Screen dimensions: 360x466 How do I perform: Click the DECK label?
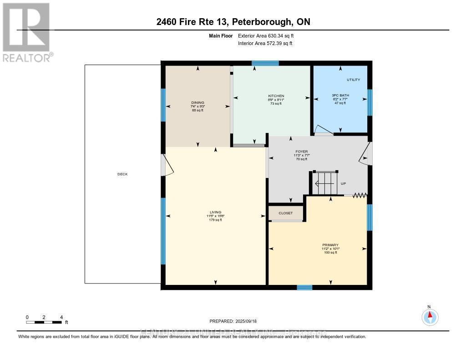click(x=122, y=174)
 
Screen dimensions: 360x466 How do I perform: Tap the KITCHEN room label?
click(x=276, y=96)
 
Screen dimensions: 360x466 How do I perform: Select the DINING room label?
click(x=198, y=103)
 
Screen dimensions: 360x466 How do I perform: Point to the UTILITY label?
click(x=353, y=80)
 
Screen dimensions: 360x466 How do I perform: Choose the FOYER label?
click(x=301, y=152)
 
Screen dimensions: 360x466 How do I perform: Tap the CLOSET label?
click(x=286, y=213)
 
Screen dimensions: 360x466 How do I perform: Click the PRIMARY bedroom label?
click(x=331, y=245)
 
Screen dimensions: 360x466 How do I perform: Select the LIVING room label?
click(x=215, y=212)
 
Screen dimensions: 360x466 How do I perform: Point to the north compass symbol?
click(x=429, y=316)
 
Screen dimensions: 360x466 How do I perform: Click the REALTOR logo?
click(x=26, y=32)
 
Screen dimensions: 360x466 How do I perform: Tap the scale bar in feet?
click(x=44, y=322)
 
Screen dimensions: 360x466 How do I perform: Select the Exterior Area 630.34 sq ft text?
click(x=269, y=35)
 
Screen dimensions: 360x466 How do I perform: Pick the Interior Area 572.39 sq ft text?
click(x=265, y=43)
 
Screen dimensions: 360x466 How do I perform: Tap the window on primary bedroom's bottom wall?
click(x=304, y=287)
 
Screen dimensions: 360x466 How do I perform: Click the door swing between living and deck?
click(x=167, y=165)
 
